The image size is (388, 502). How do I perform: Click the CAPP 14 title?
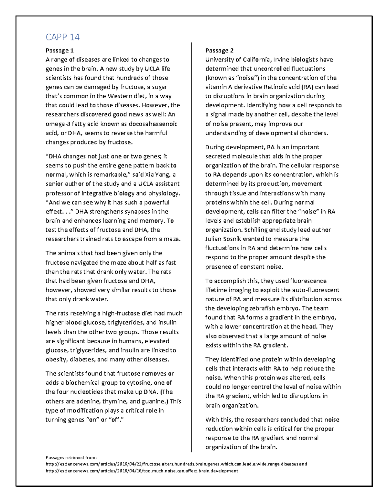click(62, 37)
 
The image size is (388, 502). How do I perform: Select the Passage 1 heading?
click(59, 50)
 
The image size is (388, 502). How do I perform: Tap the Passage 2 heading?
click(219, 50)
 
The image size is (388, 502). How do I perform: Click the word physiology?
click(163, 193)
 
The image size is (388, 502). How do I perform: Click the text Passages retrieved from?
click(71, 457)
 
